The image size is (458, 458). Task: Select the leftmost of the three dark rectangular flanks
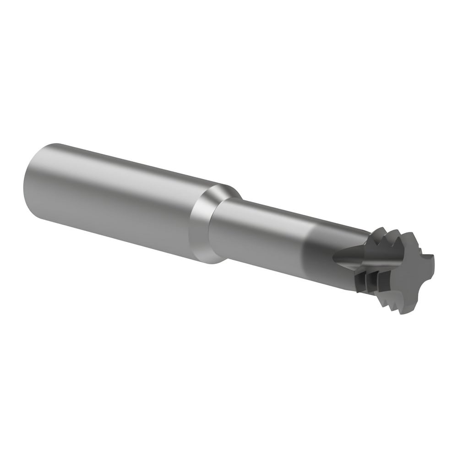tap(360, 282)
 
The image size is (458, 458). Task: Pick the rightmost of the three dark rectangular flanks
tap(384, 280)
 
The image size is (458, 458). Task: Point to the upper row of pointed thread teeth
tap(385, 237)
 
